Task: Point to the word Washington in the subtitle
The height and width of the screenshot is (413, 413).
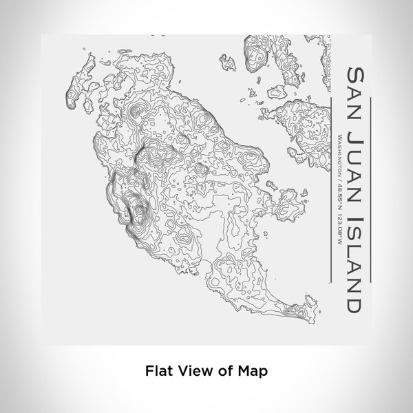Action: click(x=342, y=154)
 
